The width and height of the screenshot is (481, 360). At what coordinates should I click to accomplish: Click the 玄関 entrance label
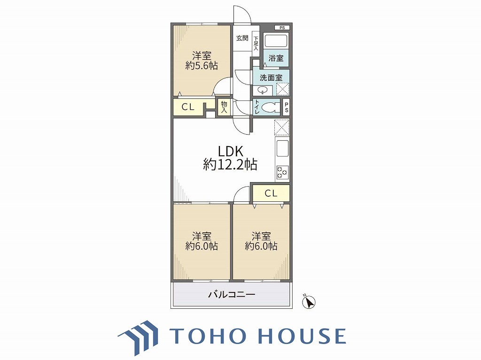pos(242,38)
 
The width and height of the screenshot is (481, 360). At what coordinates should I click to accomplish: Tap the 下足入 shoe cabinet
pos(256,44)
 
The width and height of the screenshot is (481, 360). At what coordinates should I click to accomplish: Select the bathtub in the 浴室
pos(276,41)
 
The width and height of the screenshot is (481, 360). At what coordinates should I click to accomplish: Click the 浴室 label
pos(276,58)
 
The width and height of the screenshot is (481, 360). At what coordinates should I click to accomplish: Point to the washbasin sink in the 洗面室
pos(263,91)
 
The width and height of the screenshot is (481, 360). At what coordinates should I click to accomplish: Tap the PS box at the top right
pos(282,28)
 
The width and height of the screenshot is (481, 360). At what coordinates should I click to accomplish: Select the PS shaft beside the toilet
pos(286,107)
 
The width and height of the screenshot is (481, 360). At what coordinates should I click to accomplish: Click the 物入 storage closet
pos(224,107)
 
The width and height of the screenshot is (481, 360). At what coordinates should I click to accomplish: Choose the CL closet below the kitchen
pos(271,193)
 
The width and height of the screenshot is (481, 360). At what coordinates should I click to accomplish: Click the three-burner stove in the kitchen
pos(282,172)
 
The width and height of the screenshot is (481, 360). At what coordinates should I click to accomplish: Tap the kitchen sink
pos(282,148)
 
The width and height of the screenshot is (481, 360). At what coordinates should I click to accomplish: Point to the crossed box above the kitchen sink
pos(282,127)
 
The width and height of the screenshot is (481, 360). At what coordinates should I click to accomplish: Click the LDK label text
pos(230,152)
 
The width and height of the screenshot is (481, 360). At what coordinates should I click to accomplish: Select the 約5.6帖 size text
pos(202,66)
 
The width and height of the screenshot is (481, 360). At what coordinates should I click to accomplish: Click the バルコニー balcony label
pos(232,295)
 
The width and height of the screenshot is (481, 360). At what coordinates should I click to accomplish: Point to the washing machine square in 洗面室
pos(282,89)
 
